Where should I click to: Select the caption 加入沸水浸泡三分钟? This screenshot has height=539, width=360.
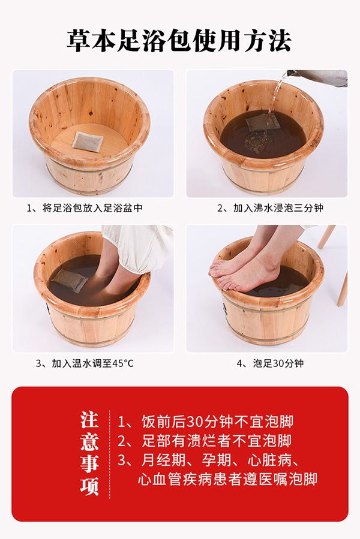[x=269, y=208]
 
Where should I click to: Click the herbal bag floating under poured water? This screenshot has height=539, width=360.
[x=262, y=122]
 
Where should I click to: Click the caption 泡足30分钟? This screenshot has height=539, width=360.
[x=269, y=363]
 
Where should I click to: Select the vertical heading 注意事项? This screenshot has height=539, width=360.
[x=90, y=453]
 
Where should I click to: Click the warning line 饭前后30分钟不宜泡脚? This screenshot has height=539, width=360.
[x=205, y=421]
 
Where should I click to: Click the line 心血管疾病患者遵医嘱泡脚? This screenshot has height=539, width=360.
[x=227, y=480]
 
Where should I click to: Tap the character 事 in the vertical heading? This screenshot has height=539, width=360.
[x=90, y=464]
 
